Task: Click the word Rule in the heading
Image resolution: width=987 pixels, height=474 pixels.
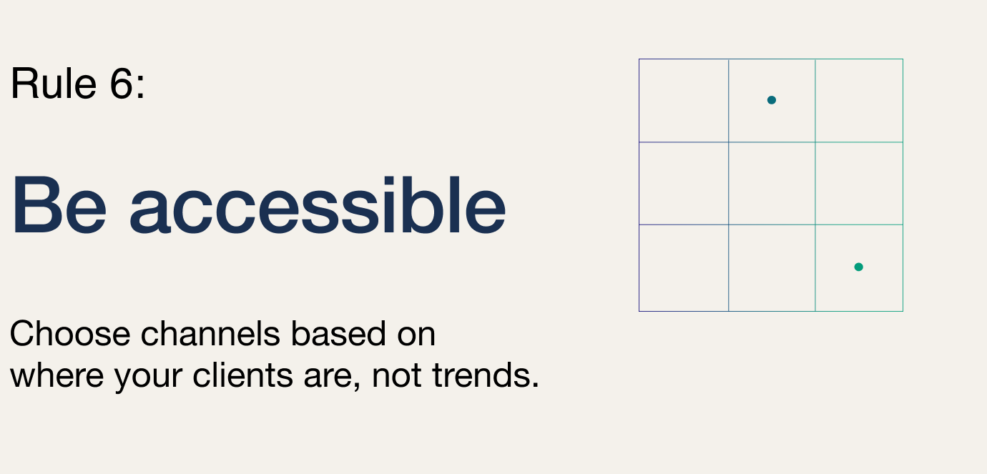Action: tap(54, 83)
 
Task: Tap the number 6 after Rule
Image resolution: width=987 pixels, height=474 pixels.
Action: tap(122, 83)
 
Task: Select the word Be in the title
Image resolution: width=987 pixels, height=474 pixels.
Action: tap(59, 205)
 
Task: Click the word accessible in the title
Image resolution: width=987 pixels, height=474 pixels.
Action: tap(318, 205)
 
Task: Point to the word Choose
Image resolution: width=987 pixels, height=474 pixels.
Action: tap(70, 334)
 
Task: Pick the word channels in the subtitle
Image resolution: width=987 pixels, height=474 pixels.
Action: tap(210, 334)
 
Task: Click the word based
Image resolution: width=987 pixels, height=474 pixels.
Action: tap(338, 334)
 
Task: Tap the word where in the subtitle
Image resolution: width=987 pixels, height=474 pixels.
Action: tap(57, 376)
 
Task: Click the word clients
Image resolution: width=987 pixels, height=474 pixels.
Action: tap(242, 376)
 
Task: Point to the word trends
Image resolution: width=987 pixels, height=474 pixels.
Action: tap(486, 376)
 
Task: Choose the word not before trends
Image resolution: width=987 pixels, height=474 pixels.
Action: tap(396, 377)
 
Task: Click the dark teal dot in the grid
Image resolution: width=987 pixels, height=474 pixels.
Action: tap(772, 100)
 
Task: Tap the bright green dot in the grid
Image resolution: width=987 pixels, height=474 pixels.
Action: tap(859, 267)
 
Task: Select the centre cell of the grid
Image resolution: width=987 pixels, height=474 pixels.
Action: tap(772, 184)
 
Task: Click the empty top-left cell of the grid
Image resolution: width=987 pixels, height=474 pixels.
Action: tap(684, 100)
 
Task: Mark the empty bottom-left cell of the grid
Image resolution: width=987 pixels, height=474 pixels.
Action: tap(684, 268)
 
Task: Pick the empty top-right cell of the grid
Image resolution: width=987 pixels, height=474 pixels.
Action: tap(859, 100)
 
